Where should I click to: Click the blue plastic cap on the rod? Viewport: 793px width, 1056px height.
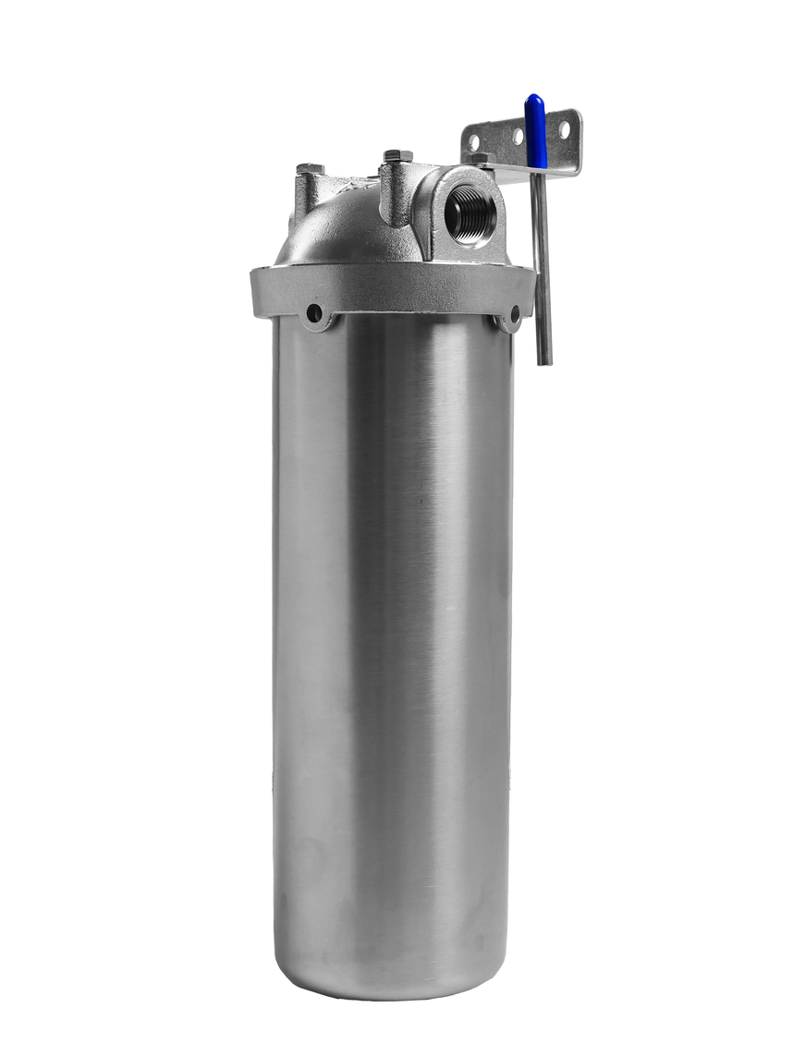(x=535, y=130)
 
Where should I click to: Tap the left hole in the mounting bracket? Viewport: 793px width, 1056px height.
(x=473, y=142)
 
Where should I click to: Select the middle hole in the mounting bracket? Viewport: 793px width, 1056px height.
(x=518, y=136)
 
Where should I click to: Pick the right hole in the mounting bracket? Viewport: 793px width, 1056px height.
(x=564, y=128)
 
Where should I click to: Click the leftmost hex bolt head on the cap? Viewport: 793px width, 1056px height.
(x=310, y=168)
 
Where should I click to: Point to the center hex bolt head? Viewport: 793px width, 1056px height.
(x=397, y=155)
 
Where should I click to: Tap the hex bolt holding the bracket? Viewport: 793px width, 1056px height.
(x=478, y=159)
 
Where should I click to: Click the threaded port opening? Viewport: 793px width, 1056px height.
(x=470, y=213)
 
